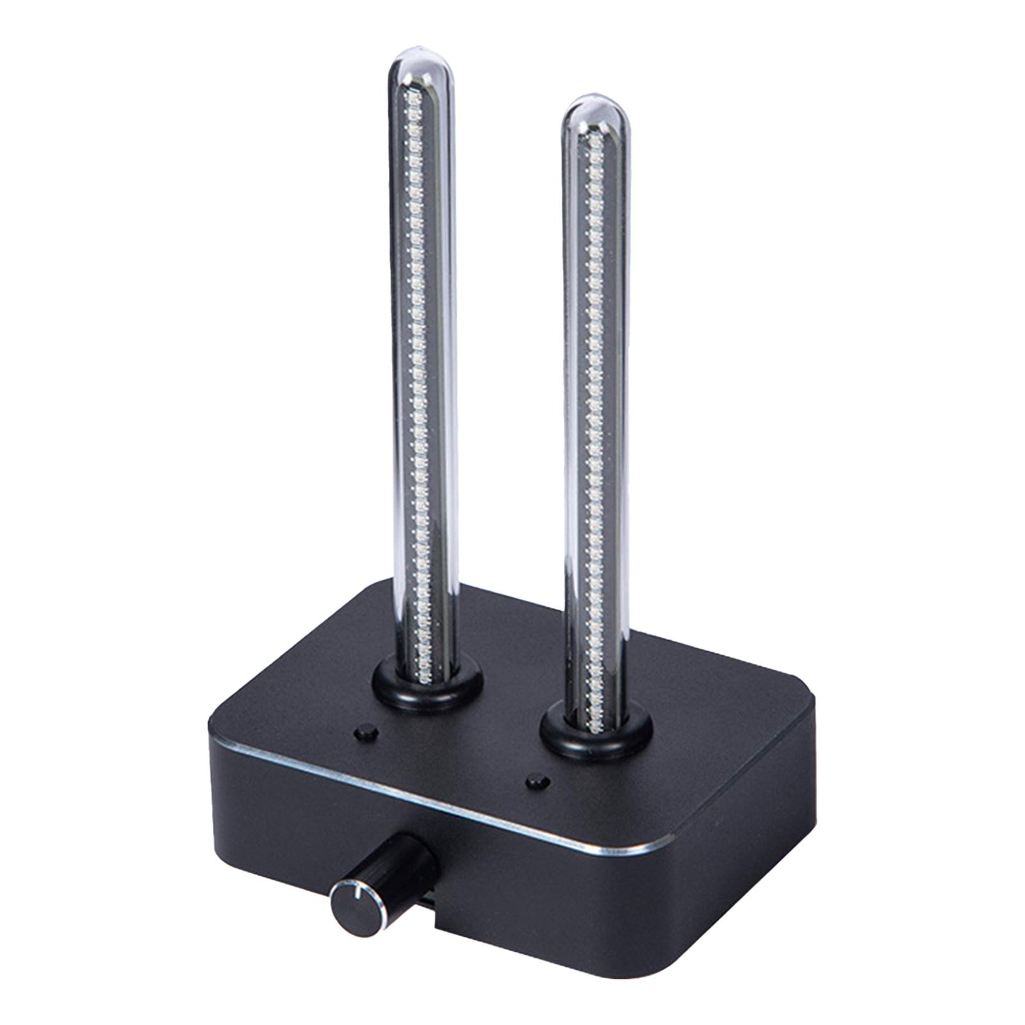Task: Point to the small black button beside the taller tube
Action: pyautogui.click(x=366, y=732)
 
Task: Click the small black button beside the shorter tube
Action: pyautogui.click(x=536, y=782)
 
